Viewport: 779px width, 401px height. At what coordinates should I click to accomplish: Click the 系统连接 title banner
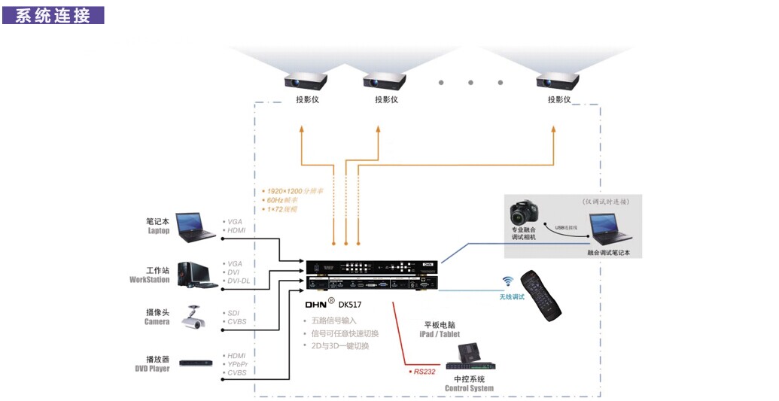point(53,14)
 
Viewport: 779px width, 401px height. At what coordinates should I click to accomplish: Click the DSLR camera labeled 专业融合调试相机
point(526,212)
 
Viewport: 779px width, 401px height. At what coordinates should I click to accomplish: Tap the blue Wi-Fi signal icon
point(508,281)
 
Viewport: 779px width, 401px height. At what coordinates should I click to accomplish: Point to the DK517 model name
point(351,305)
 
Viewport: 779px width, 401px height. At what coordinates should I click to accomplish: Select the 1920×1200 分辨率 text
point(285,191)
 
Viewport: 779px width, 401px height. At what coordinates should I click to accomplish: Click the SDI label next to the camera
point(234,312)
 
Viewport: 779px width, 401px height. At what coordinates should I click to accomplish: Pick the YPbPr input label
point(237,363)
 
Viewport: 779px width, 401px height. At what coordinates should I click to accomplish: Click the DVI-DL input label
point(239,280)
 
